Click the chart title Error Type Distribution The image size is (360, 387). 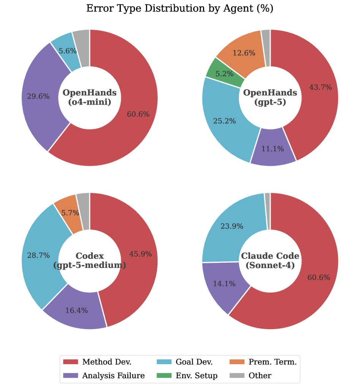point(180,9)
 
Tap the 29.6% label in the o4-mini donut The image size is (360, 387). point(38,97)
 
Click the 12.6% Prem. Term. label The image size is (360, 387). point(244,53)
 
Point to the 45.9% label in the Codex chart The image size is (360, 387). point(141,254)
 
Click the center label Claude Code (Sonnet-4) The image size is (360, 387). point(270,261)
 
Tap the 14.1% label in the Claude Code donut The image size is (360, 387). point(224,283)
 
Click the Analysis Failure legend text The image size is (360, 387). point(113,376)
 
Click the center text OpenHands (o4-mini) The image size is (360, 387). point(89,97)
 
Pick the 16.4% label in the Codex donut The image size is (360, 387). point(76,310)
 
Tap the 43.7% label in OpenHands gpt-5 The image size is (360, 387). point(320,88)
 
